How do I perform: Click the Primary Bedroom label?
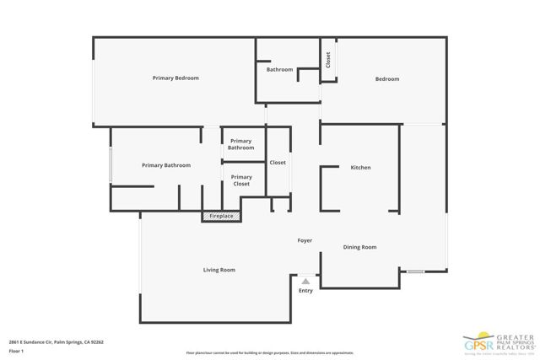pos(175,78)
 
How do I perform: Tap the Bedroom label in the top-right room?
pos(387,79)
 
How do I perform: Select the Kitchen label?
pos(360,168)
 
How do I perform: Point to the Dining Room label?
pos(359,247)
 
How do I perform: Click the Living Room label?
pos(219,270)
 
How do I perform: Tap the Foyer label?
pos(305,240)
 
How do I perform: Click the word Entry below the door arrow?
pos(305,291)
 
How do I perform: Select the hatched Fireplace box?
pos(221,217)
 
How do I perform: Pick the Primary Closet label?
pos(241,180)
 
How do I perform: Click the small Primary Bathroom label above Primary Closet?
pos(241,144)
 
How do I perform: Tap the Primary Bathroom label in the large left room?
pos(165,165)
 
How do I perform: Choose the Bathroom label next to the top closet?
pos(279,69)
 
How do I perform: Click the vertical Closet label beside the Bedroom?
pos(327,61)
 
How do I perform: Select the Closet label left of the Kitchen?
pos(278,162)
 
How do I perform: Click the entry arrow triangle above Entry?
pos(305,280)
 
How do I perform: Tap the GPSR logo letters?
pos(478,345)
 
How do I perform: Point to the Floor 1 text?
pos(15,352)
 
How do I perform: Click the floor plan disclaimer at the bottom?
pos(269,352)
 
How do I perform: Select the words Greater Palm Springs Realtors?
pos(514,341)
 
